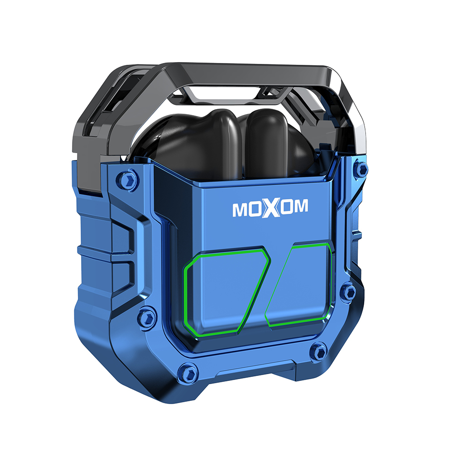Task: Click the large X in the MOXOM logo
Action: [x=271, y=207]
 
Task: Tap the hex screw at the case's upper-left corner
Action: [x=127, y=180]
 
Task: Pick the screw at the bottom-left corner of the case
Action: [x=188, y=373]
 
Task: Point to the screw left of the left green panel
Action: [x=147, y=319]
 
